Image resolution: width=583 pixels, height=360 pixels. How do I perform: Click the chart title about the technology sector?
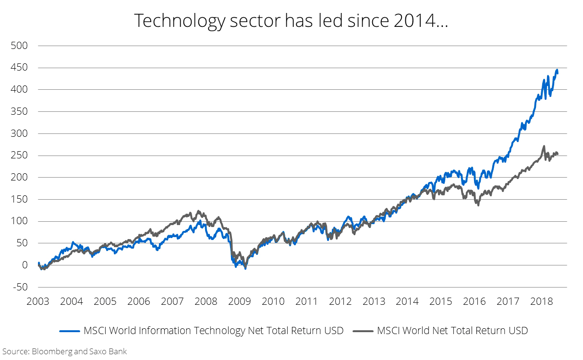pyautogui.click(x=291, y=21)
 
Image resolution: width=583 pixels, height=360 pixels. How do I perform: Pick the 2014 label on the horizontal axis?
pyautogui.click(x=407, y=301)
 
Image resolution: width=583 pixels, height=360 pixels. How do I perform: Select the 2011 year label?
pyautogui.click(x=306, y=301)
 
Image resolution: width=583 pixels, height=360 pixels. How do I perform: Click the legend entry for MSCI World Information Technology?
pyautogui.click(x=213, y=331)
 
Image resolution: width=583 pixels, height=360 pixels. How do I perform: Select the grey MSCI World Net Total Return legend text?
pyautogui.click(x=452, y=331)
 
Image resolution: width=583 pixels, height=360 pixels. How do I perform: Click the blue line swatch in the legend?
pyautogui.click(x=70, y=331)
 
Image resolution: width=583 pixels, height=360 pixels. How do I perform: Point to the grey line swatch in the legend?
pyautogui.click(x=363, y=331)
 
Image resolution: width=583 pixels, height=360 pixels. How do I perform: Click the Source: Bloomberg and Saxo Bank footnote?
pyautogui.click(x=65, y=351)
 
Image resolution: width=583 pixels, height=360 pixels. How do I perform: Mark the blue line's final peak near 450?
pyautogui.click(x=557, y=71)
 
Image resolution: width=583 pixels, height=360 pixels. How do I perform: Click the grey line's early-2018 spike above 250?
pyautogui.click(x=543, y=146)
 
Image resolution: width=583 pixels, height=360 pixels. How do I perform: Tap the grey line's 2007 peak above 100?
pyautogui.click(x=198, y=211)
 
